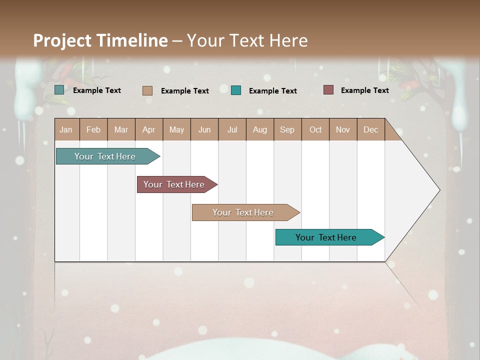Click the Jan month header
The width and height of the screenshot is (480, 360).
(66, 129)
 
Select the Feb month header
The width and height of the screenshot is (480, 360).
(93, 129)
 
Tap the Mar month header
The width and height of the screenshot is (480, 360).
(121, 129)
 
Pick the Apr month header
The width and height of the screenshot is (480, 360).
(149, 129)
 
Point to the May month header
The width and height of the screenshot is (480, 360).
(176, 129)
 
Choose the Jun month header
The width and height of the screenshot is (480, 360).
(204, 129)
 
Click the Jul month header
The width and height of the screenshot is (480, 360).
(232, 129)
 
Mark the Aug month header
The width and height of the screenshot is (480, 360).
(260, 129)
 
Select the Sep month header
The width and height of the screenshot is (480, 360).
(287, 129)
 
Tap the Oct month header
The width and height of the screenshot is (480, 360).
(315, 129)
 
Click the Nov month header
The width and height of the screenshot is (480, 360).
(343, 129)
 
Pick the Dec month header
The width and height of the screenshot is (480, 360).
(371, 129)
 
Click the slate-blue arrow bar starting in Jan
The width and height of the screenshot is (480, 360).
(105, 156)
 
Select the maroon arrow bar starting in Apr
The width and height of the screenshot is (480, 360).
(174, 184)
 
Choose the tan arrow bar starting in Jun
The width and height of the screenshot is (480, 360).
(243, 212)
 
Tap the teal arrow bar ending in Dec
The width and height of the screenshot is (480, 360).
(326, 237)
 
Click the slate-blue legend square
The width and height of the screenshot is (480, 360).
(59, 90)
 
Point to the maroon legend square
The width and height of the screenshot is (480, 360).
(328, 90)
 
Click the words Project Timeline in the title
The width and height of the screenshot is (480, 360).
(100, 40)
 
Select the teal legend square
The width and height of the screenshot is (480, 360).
(236, 90)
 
